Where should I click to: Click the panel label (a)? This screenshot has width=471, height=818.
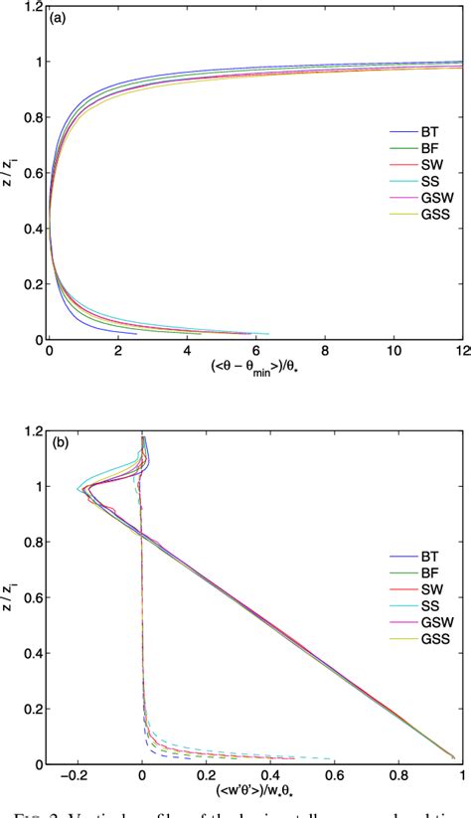click(x=61, y=18)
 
